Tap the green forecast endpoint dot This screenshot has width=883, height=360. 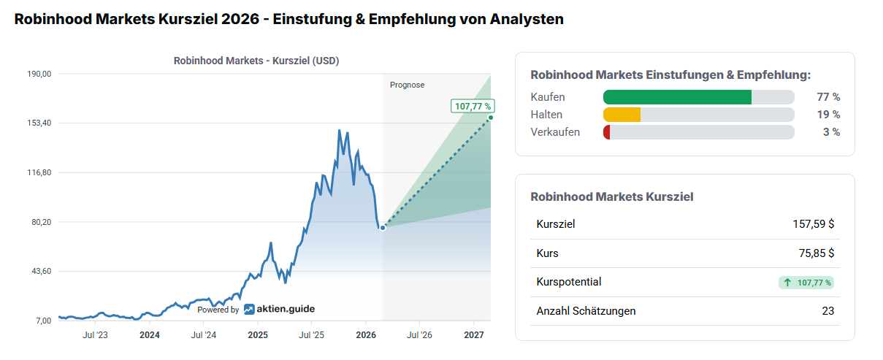pyautogui.click(x=490, y=118)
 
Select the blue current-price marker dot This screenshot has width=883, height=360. pyautogui.click(x=383, y=228)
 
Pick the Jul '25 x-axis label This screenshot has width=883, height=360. pyautogui.click(x=312, y=335)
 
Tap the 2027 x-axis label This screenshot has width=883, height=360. pyautogui.click(x=474, y=335)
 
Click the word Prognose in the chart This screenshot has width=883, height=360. pyautogui.click(x=407, y=85)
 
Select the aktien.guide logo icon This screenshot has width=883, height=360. pyautogui.click(x=249, y=309)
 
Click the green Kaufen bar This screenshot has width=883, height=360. pyautogui.click(x=677, y=97)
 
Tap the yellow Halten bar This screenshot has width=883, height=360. pyautogui.click(x=622, y=115)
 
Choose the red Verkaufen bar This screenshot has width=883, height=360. pyautogui.click(x=607, y=132)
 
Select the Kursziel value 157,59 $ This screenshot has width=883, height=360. pyautogui.click(x=813, y=224)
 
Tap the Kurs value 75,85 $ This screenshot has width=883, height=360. pyautogui.click(x=817, y=253)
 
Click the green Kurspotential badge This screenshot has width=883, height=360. pyautogui.click(x=807, y=283)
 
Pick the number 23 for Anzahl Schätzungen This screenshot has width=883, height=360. pyautogui.click(x=827, y=311)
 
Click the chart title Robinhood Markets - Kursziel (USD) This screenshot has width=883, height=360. pyautogui.click(x=256, y=61)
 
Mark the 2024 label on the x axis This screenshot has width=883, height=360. pyautogui.click(x=150, y=335)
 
